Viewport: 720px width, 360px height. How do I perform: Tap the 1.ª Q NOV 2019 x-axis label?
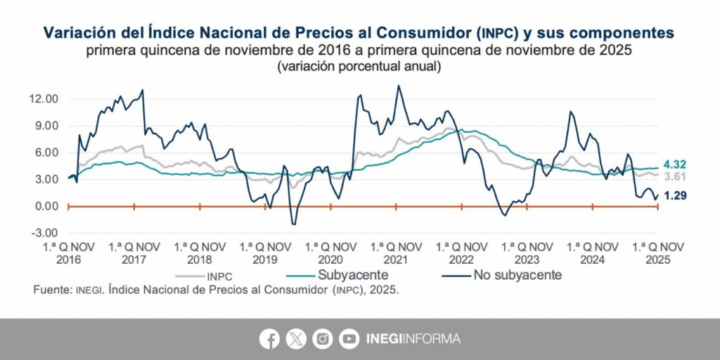coord(265,253)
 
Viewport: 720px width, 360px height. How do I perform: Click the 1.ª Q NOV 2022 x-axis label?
coord(462,253)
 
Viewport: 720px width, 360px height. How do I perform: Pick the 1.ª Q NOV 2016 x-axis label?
coord(68,253)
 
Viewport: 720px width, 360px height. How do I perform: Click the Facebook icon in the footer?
coord(269,339)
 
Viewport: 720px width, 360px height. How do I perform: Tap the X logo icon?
coord(296,339)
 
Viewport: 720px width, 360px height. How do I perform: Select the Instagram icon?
coord(322,339)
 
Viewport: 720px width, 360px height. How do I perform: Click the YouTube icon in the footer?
coord(348,339)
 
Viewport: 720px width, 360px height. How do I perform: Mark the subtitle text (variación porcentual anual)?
coord(359,67)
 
